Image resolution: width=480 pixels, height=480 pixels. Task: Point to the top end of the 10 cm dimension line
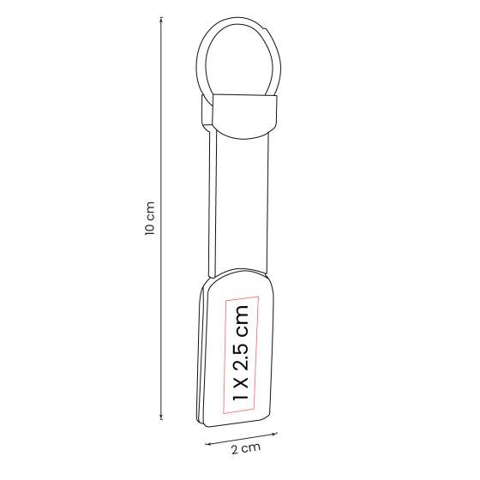click(161, 24)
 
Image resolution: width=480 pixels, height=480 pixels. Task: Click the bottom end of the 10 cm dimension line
click(161, 419)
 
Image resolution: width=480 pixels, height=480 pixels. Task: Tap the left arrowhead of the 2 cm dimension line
click(207, 442)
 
